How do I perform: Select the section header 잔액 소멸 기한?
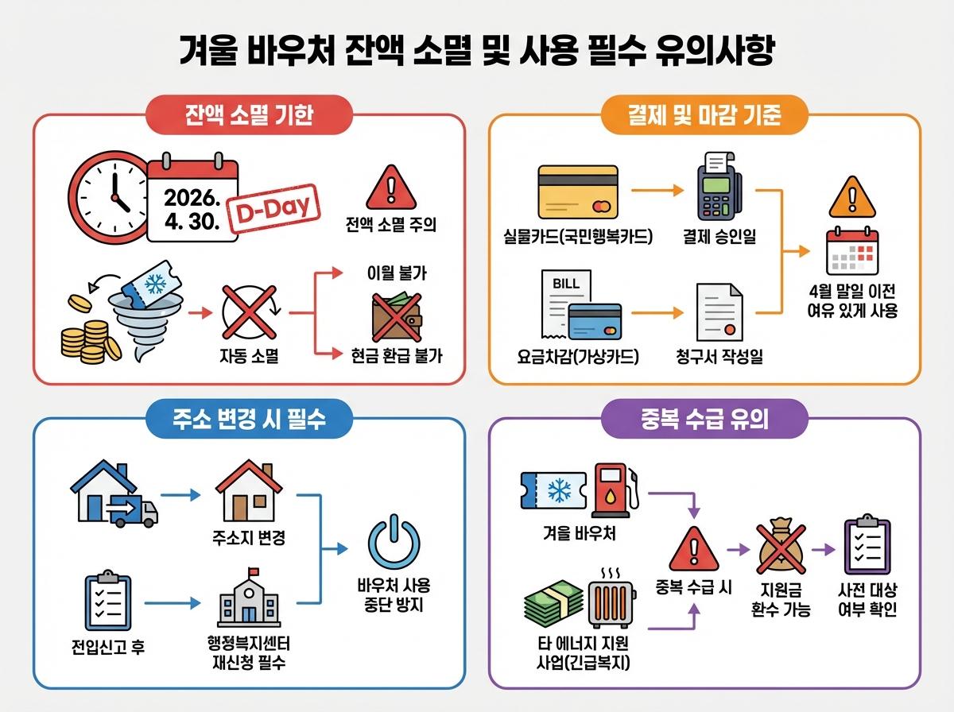[248, 115]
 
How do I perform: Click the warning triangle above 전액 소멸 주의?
[390, 188]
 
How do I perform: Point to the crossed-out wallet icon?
[397, 315]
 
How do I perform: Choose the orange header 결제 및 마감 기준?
[704, 116]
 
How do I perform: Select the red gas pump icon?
[614, 487]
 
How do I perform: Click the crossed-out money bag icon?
[780, 549]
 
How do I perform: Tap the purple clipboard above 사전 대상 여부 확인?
[867, 546]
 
